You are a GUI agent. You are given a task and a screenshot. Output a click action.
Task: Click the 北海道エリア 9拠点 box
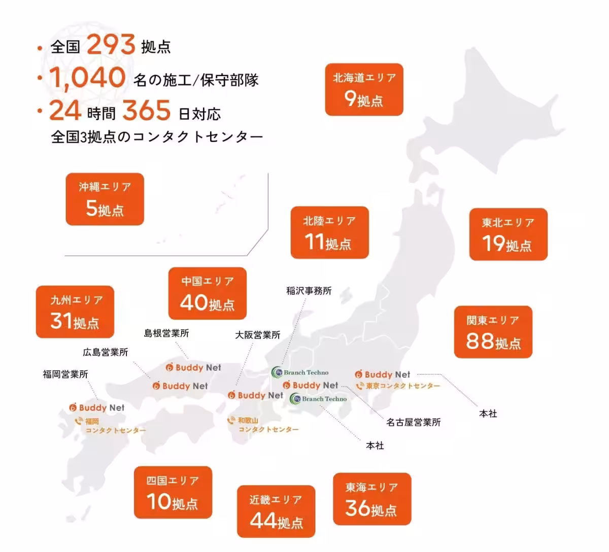[364, 89]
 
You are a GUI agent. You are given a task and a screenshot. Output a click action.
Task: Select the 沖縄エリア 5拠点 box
[105, 199]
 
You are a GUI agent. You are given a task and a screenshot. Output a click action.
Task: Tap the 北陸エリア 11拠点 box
[329, 232]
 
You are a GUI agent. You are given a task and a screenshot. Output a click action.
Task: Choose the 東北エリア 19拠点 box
[508, 234]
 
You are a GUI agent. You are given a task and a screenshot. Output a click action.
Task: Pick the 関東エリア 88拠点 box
[493, 332]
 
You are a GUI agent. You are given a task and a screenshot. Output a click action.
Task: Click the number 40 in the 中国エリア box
[193, 303]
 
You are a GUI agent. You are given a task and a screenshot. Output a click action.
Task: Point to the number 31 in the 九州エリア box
[61, 321]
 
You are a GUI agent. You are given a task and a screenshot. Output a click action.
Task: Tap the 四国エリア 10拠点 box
[173, 492]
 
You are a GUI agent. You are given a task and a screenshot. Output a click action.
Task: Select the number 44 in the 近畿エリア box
[263, 521]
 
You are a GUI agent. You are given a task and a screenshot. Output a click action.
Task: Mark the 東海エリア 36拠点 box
[371, 499]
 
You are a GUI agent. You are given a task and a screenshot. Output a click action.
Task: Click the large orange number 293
[111, 45]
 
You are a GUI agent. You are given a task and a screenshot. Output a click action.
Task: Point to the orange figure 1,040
[87, 78]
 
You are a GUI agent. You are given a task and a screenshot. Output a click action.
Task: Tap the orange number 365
[146, 111]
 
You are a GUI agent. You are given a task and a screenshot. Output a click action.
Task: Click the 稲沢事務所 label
[309, 291]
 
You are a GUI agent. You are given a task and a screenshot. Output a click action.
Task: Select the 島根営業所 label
[166, 333]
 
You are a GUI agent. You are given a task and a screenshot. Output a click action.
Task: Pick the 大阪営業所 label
[257, 335]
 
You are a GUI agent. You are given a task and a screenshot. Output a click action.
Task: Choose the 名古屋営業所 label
[413, 422]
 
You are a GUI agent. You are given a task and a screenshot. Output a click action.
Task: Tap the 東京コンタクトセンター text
[403, 386]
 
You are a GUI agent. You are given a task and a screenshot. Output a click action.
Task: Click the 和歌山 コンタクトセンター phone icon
[231, 421]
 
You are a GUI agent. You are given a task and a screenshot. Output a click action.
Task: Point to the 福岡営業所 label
[65, 374]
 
